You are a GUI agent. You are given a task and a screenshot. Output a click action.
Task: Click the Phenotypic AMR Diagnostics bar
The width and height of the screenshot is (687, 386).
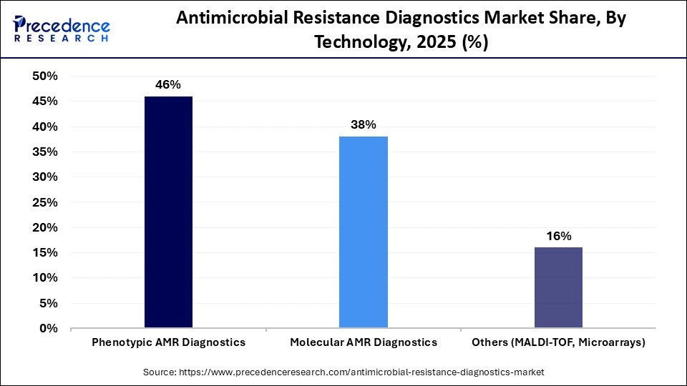(168, 212)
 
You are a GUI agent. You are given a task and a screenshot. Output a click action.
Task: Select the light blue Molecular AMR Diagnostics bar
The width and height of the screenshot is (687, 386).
(364, 232)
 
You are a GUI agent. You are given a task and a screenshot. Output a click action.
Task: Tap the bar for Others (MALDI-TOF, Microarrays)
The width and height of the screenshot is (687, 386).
(558, 287)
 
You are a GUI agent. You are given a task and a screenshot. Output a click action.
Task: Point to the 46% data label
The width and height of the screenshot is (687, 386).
(168, 84)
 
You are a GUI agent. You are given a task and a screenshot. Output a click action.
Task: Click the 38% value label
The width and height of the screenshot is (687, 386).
(364, 124)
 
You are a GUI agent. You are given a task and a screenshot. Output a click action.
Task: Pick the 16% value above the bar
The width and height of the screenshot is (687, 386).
(558, 236)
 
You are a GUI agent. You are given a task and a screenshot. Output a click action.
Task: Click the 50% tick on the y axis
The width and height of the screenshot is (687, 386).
(44, 76)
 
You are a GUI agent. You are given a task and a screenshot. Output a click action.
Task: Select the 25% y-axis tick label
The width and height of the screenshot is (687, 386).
(44, 202)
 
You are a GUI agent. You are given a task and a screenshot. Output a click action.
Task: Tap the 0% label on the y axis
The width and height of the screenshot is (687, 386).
(48, 329)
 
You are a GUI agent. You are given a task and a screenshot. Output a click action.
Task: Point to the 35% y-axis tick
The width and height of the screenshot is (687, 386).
(44, 152)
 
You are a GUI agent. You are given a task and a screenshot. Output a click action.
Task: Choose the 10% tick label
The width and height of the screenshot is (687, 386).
(44, 278)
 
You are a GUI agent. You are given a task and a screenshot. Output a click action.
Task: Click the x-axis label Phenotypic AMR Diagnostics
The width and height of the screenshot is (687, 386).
(168, 342)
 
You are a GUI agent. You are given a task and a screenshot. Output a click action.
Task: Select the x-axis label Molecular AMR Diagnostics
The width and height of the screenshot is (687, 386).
(364, 342)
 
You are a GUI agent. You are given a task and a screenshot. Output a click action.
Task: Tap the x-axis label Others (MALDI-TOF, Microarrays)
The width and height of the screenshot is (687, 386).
(558, 342)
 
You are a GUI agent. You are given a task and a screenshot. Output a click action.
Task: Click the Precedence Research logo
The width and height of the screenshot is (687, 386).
(61, 29)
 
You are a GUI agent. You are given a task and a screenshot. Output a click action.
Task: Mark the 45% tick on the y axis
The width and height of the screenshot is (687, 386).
(44, 102)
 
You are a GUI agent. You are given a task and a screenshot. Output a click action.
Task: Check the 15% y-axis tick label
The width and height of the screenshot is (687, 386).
(44, 253)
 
